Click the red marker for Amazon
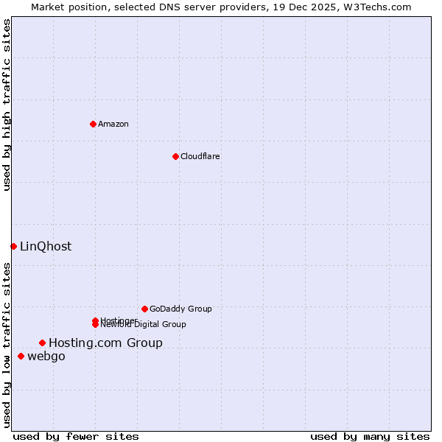tap(93, 124)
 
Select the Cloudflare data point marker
tap(175, 156)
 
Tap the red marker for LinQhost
tap(13, 246)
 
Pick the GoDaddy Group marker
tap(144, 309)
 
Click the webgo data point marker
tap(21, 357)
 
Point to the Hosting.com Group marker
tap(42, 343)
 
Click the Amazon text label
tap(113, 124)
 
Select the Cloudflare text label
tap(200, 156)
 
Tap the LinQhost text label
tap(46, 246)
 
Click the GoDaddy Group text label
tap(180, 309)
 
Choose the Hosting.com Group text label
tap(105, 343)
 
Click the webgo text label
tap(46, 357)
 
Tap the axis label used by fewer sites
tap(76, 436)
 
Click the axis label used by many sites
tap(370, 436)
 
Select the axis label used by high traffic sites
tap(7, 105)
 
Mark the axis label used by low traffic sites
tap(7, 345)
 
